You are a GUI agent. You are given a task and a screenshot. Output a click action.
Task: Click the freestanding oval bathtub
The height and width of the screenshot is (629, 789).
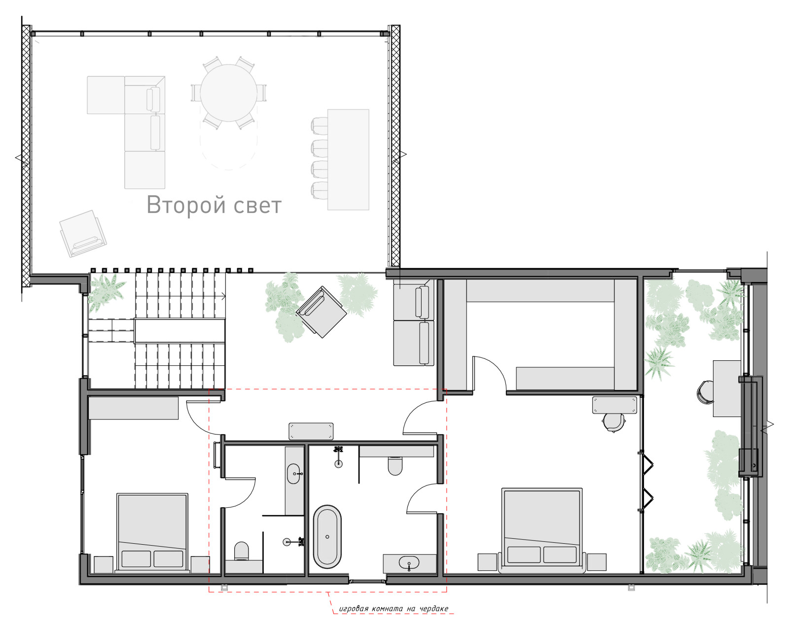[x=327, y=537]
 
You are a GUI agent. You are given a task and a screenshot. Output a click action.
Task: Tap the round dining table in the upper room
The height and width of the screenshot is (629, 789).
[x=228, y=93]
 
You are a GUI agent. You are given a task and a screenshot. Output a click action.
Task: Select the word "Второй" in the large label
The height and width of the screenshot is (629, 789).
[x=186, y=205]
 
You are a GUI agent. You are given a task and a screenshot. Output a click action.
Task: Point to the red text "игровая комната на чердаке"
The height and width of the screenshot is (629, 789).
[x=394, y=608]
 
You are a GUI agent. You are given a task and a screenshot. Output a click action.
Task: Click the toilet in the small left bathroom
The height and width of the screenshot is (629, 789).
[x=241, y=551]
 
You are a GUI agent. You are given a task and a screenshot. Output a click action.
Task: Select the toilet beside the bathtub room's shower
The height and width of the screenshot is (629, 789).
[x=395, y=465]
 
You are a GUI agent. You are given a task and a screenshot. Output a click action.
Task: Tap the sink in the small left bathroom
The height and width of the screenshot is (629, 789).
[x=294, y=474]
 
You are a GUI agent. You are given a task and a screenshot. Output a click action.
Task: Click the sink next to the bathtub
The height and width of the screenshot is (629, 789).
[x=409, y=562]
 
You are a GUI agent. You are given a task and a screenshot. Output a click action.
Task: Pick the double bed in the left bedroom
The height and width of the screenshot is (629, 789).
[x=152, y=533]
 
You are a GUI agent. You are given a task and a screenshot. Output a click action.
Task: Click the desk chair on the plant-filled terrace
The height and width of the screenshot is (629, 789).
[x=705, y=393]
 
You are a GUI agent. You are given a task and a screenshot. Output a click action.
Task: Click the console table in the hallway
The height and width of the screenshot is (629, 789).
[x=311, y=431]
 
